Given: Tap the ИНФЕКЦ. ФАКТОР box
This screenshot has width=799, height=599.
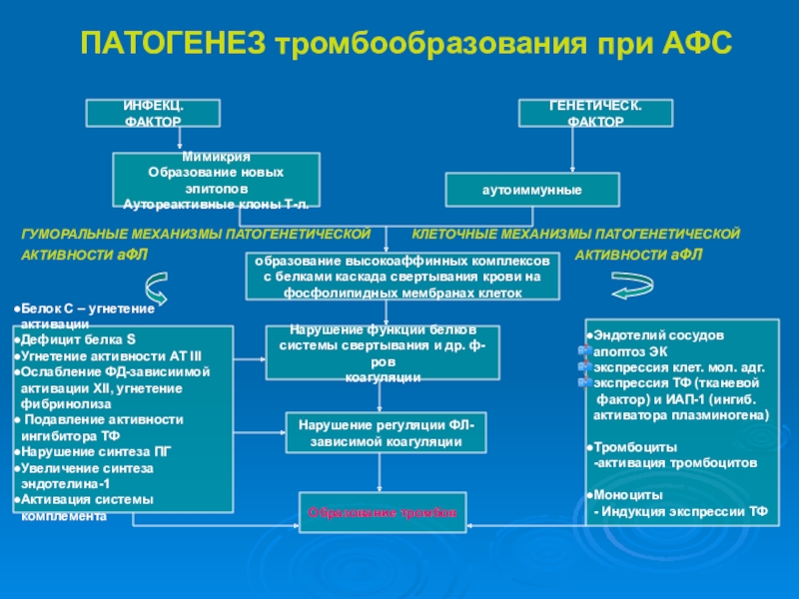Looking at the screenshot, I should coord(153,114).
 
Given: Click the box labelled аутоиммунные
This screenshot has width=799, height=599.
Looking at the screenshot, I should coord(531,189).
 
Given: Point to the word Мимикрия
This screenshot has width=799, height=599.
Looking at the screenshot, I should coord(216,158).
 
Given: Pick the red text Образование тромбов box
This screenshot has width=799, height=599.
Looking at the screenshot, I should coord(382,512).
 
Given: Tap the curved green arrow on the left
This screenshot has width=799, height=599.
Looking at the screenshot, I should coord(159,291).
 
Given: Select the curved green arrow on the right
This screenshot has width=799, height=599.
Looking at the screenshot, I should coord(631,290).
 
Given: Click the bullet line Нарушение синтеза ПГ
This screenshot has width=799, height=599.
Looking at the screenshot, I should coord(96,451).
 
